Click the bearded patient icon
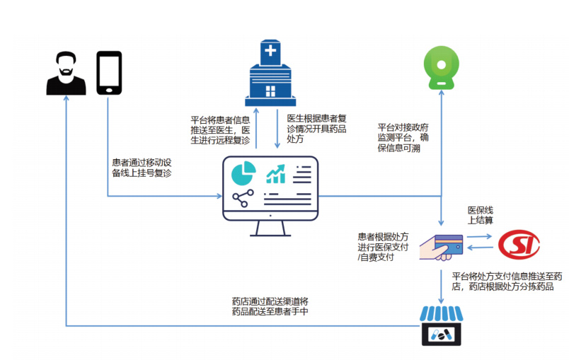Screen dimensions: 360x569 click(66, 73)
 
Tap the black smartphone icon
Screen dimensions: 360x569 click(109, 71)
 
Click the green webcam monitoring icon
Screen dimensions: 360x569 click(442, 68)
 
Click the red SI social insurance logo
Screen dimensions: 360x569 click(519, 245)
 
